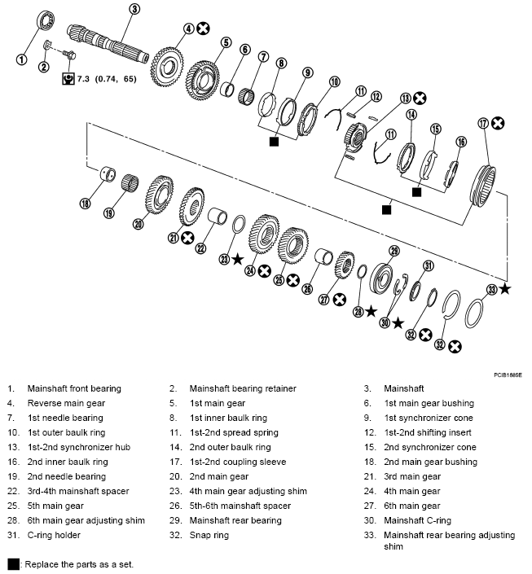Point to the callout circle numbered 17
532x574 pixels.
[x=483, y=124]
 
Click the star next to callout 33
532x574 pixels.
[x=506, y=288]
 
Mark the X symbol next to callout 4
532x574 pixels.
[x=204, y=28]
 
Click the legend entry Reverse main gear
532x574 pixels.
[x=66, y=403]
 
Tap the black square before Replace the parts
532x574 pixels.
[x=12, y=564]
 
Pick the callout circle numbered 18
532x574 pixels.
[x=85, y=204]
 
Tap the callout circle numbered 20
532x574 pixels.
[x=138, y=225]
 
